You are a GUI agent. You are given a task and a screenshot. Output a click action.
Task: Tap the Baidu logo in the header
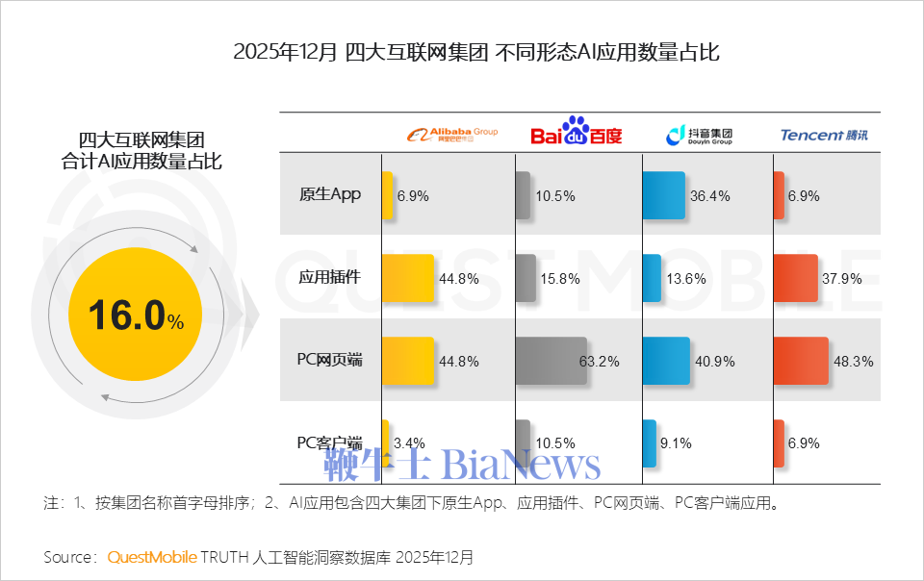[577, 132]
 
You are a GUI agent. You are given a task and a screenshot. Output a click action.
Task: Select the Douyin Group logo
[700, 136]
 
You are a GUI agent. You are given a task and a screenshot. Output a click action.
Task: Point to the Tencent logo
[824, 135]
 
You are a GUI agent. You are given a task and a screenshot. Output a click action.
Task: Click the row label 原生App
[330, 194]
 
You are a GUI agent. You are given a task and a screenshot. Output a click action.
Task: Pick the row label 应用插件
[330, 277]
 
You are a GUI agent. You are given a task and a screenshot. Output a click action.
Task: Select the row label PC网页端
[330, 361]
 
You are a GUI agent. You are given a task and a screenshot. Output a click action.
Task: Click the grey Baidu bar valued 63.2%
[551, 361]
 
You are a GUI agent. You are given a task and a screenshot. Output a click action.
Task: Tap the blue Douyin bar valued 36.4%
[663, 195]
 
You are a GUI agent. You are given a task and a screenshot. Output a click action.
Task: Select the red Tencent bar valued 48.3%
[800, 361]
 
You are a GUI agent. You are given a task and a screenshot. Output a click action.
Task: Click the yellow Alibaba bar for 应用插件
[408, 278]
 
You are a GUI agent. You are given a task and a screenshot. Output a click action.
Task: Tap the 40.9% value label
[712, 362]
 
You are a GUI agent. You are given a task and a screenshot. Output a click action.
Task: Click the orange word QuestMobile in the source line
[152, 557]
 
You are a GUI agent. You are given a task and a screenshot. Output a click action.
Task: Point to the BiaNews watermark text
[521, 466]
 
